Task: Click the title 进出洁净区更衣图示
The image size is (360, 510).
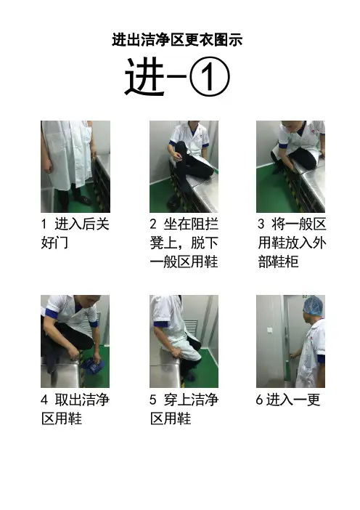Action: (x=177, y=40)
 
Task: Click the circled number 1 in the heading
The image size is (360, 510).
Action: (x=210, y=77)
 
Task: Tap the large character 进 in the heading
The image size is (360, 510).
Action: (x=144, y=77)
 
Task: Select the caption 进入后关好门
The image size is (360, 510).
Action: (x=75, y=233)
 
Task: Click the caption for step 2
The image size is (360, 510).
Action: (x=184, y=243)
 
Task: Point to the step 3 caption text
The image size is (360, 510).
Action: (x=292, y=243)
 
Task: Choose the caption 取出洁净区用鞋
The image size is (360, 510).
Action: (x=75, y=409)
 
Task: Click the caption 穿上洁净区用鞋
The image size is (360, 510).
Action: (x=184, y=409)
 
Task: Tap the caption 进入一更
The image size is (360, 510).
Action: (x=288, y=400)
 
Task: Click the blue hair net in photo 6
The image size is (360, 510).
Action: (x=314, y=306)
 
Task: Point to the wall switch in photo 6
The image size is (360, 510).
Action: (x=270, y=330)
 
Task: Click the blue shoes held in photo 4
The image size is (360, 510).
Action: (x=93, y=365)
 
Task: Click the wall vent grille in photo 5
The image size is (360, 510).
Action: (x=192, y=329)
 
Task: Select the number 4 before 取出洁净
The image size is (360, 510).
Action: (x=44, y=400)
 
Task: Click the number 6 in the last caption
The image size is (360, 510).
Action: (x=259, y=400)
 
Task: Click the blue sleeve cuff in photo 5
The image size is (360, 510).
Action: (x=161, y=324)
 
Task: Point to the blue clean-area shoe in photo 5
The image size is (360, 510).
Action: (x=189, y=377)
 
